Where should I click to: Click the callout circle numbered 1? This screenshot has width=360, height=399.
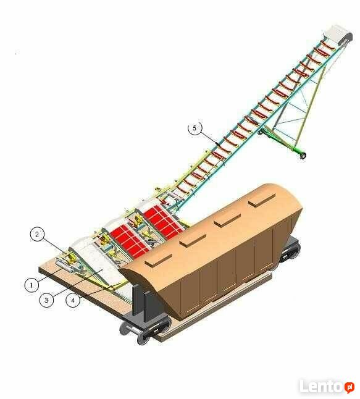(31, 285)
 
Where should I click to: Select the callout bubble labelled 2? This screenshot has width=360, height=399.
(37, 234)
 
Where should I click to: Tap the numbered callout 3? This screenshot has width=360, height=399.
(46, 300)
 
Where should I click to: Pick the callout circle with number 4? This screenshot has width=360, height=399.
(73, 300)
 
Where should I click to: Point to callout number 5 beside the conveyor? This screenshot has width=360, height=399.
(195, 128)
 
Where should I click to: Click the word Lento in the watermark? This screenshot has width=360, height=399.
(321, 386)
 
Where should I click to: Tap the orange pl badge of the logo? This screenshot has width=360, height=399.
(350, 387)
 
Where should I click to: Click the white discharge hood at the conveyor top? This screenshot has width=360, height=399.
(337, 35)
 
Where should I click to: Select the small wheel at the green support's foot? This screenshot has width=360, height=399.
(303, 156)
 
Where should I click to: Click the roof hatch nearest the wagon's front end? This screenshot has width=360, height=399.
(155, 259)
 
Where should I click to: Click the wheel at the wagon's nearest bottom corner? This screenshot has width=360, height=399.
(143, 337)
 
